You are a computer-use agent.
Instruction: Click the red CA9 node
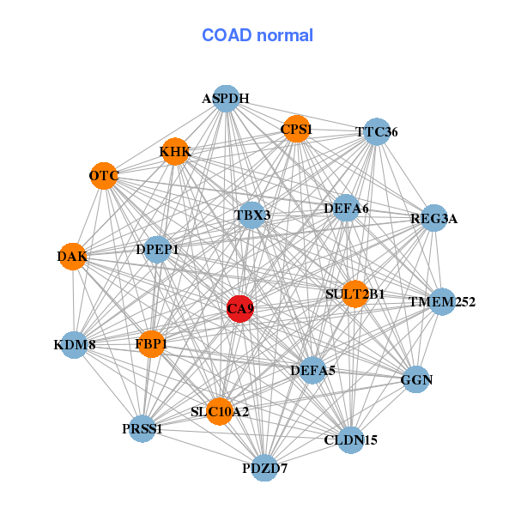coord(239,309)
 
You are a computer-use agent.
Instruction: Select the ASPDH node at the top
coord(225,99)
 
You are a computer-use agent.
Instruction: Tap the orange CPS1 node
coord(296,130)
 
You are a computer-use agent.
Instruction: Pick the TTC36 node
coord(377,132)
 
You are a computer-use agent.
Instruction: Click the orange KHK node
coord(175,152)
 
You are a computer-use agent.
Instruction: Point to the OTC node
coord(104,176)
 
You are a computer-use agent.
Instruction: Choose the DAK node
coord(72,257)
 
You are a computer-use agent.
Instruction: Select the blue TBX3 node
coord(252,215)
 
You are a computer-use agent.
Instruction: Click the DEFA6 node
coord(346,208)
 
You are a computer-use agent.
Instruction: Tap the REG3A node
coord(434,218)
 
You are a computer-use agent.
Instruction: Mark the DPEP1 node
coord(158,250)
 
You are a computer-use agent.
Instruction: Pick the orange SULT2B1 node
coord(354,294)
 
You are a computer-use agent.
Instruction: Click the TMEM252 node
coord(441,302)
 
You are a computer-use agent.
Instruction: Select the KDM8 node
coord(74,345)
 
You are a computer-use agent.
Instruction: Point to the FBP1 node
coord(151,344)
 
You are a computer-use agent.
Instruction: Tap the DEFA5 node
coord(312,371)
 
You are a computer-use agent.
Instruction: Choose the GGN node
coord(416,379)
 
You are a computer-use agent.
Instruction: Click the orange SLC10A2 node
coord(220,412)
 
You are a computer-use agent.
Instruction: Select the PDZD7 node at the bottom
coord(265,469)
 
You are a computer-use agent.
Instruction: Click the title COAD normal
coord(257,36)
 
